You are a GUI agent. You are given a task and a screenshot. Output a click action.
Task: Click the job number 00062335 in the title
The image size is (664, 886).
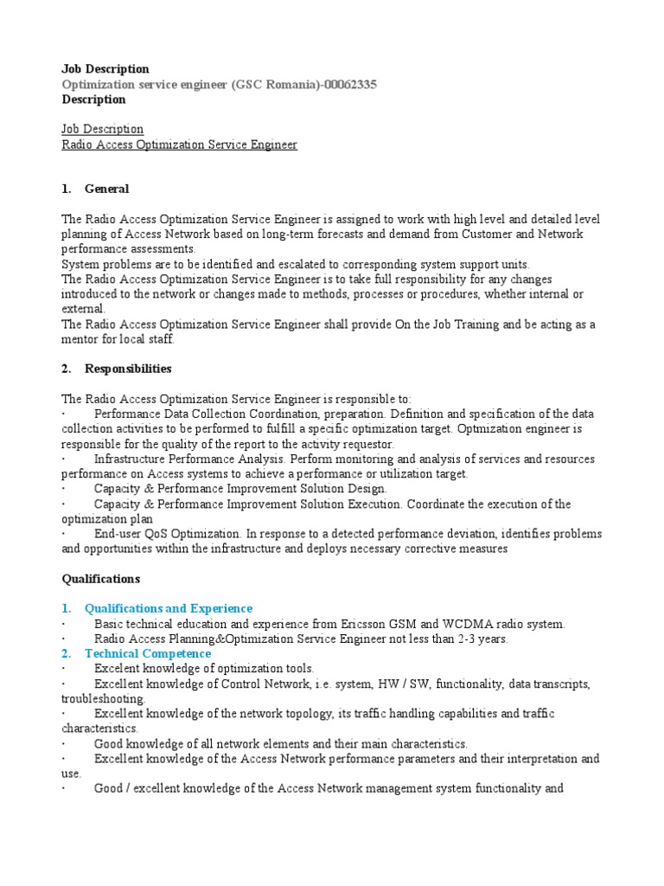point(349,84)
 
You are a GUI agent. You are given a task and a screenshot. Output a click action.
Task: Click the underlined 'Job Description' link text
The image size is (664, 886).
point(103,129)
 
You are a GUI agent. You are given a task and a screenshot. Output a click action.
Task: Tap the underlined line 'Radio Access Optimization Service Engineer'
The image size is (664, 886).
point(179,144)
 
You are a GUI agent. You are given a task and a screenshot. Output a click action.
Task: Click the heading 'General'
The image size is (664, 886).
point(107,189)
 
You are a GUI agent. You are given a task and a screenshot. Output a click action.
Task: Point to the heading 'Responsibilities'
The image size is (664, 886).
point(128,369)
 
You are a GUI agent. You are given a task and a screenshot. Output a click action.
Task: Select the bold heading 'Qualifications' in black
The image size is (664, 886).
point(100,578)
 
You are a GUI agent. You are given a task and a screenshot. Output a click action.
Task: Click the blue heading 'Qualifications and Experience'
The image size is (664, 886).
point(169,608)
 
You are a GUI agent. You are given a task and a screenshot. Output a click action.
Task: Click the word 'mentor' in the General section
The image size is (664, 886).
point(82,339)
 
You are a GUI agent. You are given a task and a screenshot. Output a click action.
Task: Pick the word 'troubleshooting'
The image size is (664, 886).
point(104,698)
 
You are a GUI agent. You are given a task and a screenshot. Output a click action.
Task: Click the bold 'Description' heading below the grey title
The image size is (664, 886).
point(93,100)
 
